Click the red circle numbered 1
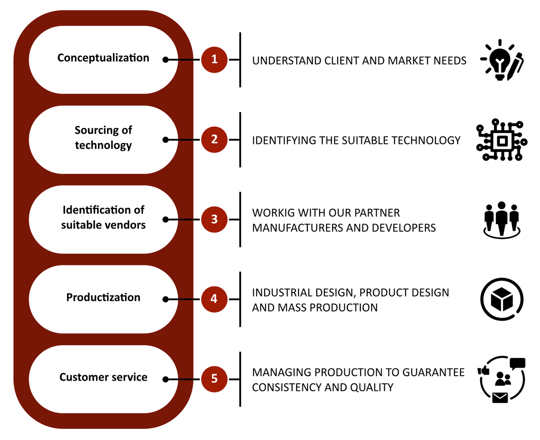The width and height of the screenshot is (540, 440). (214, 59)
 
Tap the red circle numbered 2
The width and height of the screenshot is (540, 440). (214, 139)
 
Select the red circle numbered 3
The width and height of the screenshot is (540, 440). (214, 220)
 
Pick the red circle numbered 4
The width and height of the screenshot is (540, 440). (214, 299)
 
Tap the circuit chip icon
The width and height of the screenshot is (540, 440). (501, 140)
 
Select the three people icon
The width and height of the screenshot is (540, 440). (501, 220)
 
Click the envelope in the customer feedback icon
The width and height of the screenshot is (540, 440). (499, 398)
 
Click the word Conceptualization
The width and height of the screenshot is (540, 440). (103, 58)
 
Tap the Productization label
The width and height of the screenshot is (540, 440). (103, 298)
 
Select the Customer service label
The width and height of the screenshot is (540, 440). (103, 377)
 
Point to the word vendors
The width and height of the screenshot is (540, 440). (125, 224)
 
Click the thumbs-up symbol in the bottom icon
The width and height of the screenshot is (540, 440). (484, 371)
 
